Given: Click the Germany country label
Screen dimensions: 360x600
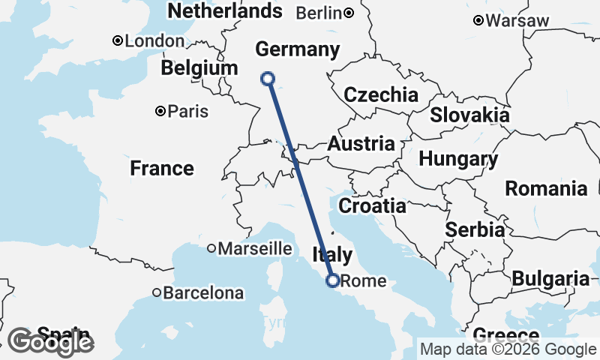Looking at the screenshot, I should [297, 50].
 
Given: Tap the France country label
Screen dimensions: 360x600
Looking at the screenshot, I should [162, 168].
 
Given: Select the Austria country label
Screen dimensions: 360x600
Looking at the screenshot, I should [361, 144].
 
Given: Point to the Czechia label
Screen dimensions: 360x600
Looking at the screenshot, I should [381, 95].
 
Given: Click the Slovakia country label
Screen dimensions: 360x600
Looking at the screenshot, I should [469, 115].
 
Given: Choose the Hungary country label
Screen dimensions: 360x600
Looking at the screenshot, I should [458, 159].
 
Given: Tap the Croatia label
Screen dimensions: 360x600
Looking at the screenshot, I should [372, 205].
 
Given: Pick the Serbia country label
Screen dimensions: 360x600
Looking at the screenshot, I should [475, 229].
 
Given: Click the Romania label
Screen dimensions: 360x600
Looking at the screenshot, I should [546, 188].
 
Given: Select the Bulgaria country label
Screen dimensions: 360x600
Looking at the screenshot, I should [550, 279].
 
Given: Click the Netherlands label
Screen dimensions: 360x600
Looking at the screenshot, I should [225, 11].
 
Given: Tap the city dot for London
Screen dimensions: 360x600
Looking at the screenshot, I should [118, 41].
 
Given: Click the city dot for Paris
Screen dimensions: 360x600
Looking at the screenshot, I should [160, 111].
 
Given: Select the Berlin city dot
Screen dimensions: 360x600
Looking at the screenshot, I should [349, 13].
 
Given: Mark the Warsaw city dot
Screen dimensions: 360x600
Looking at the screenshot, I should [478, 21].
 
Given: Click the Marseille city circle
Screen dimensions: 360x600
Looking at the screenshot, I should [212, 248].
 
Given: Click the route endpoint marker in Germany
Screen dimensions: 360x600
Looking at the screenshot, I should [267, 78].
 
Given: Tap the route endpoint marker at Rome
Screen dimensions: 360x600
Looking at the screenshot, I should [332, 280].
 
